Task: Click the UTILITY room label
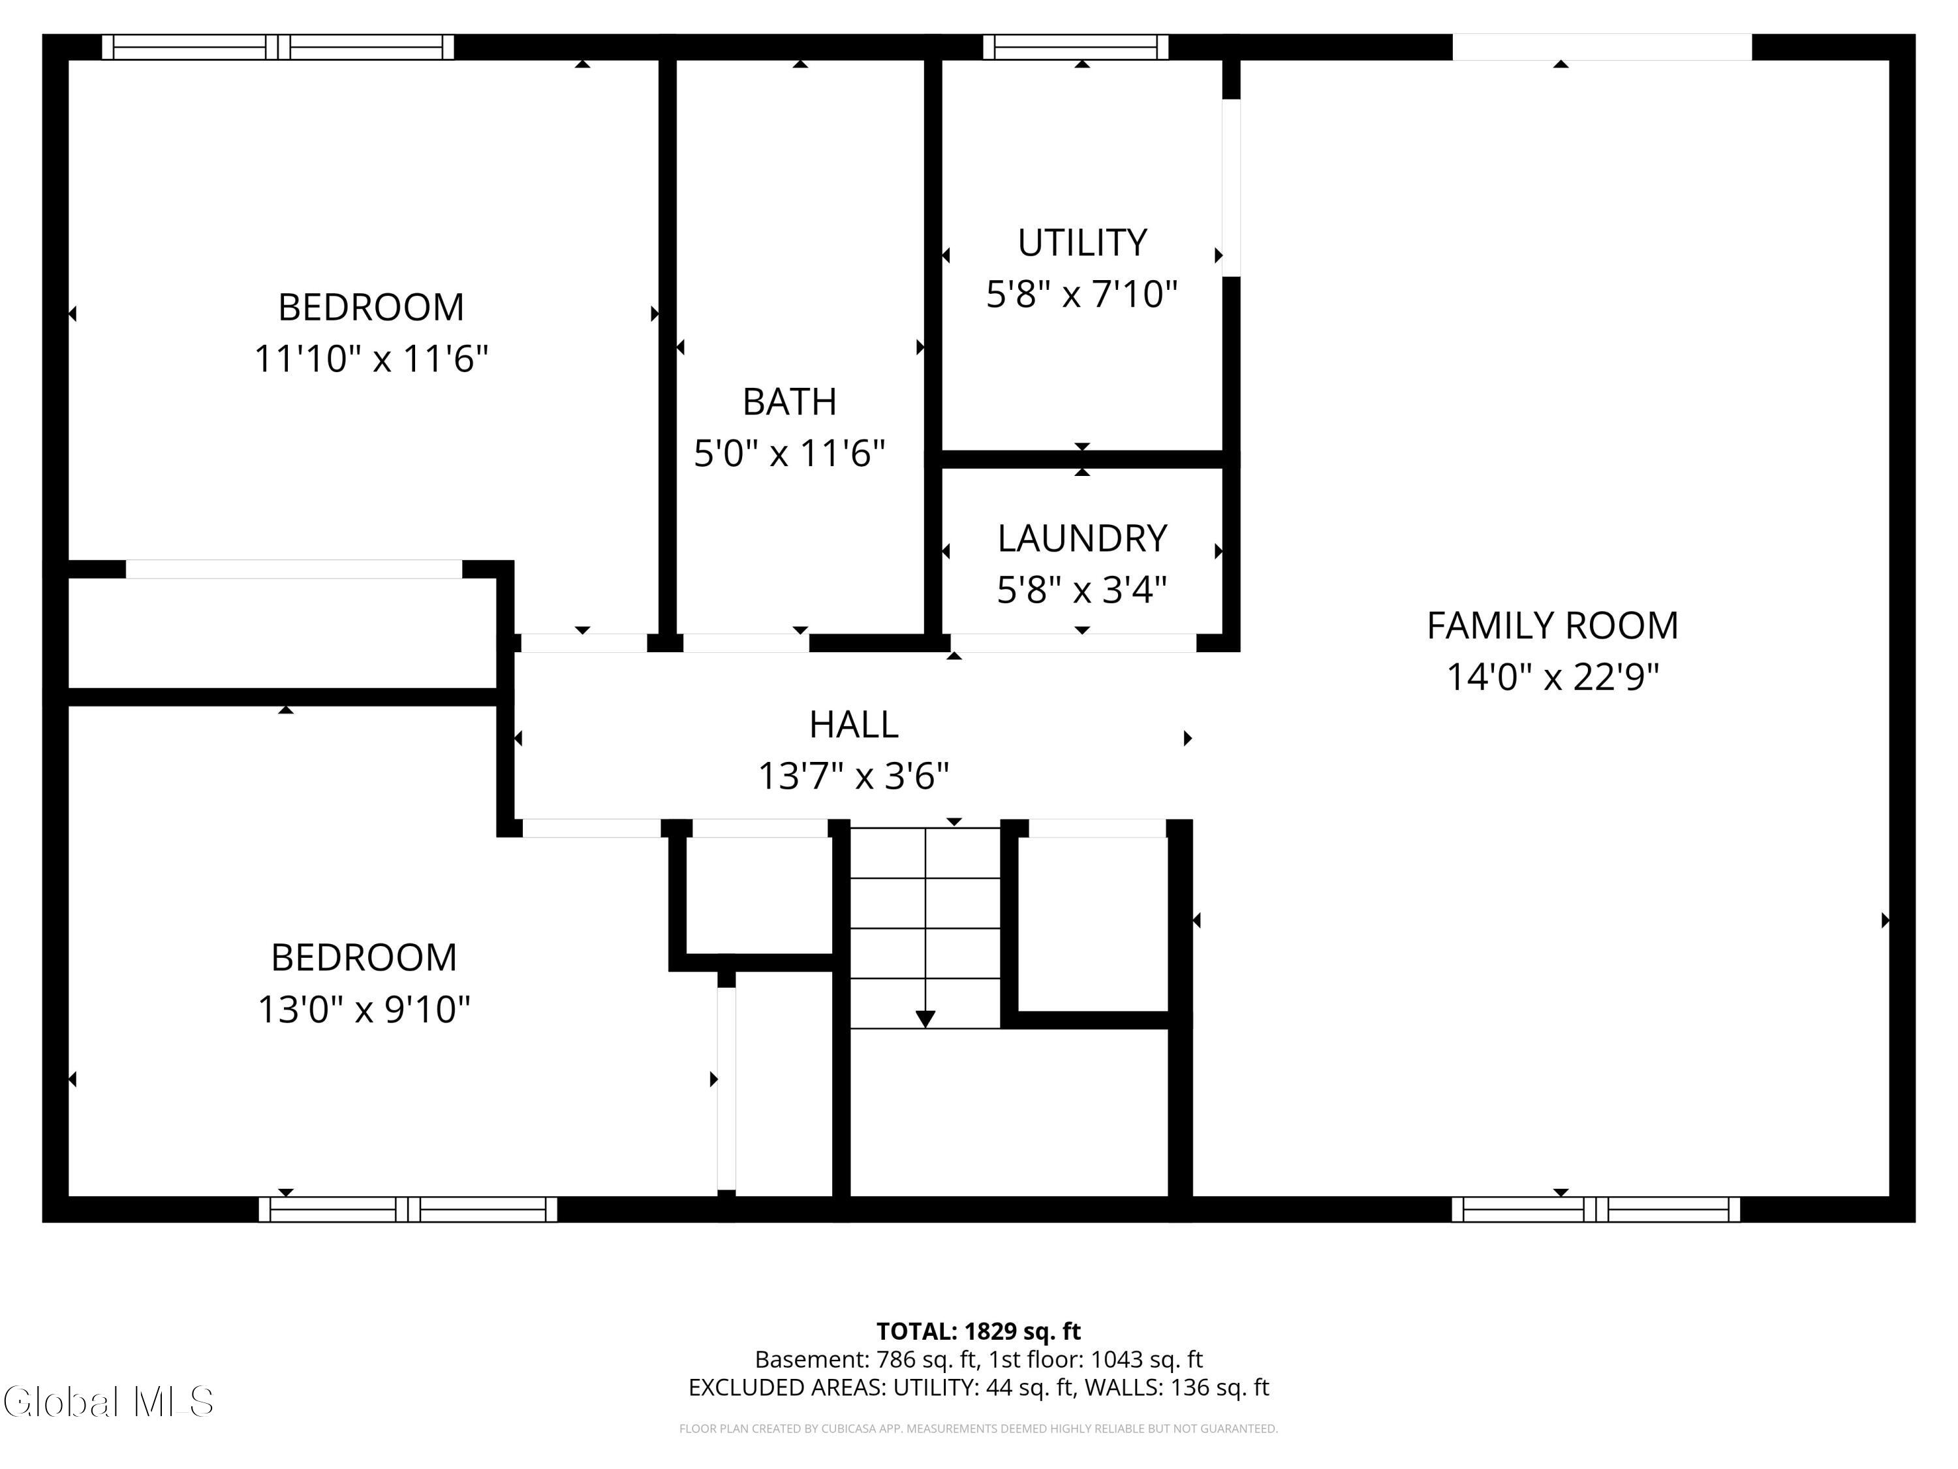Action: click(1081, 243)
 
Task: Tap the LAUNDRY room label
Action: click(1081, 539)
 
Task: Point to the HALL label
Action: click(853, 724)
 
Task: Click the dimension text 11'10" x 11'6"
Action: click(371, 360)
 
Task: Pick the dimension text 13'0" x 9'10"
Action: click(364, 1009)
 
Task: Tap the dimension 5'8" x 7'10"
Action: click(1081, 294)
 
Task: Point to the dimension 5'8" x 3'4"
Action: click(1081, 590)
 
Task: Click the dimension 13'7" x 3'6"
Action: click(853, 776)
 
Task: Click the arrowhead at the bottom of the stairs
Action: click(925, 1019)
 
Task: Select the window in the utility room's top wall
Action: click(1076, 47)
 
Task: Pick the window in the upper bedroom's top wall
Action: click(278, 47)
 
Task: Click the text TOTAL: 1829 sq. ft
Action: click(978, 1332)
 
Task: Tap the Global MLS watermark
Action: click(108, 1402)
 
